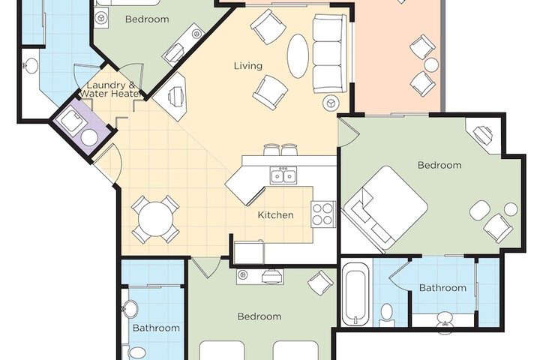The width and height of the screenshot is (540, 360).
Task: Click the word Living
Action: click(x=247, y=65)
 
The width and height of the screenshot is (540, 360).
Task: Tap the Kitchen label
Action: click(x=275, y=215)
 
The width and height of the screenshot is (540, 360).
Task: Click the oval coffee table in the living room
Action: click(x=298, y=55)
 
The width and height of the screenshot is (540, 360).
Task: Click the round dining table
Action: click(x=155, y=220)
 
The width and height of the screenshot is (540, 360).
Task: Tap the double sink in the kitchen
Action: click(x=283, y=177)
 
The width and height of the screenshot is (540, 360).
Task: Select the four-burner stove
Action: click(x=323, y=214)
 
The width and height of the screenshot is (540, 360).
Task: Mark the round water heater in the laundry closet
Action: click(x=89, y=137)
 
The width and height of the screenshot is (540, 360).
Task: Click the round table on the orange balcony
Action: click(x=430, y=65)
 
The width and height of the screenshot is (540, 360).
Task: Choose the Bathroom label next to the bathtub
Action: click(x=442, y=287)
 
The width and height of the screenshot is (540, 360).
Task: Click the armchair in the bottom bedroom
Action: click(x=320, y=282)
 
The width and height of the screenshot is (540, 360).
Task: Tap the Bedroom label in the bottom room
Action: click(x=259, y=316)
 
